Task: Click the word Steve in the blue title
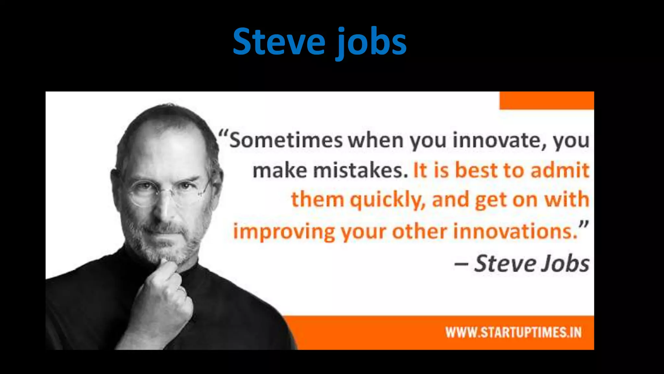pyautogui.click(x=279, y=42)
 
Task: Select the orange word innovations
pyautogui.click(x=516, y=231)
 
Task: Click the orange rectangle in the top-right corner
pyautogui.click(x=547, y=100)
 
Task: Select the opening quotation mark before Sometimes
pyautogui.click(x=223, y=134)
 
